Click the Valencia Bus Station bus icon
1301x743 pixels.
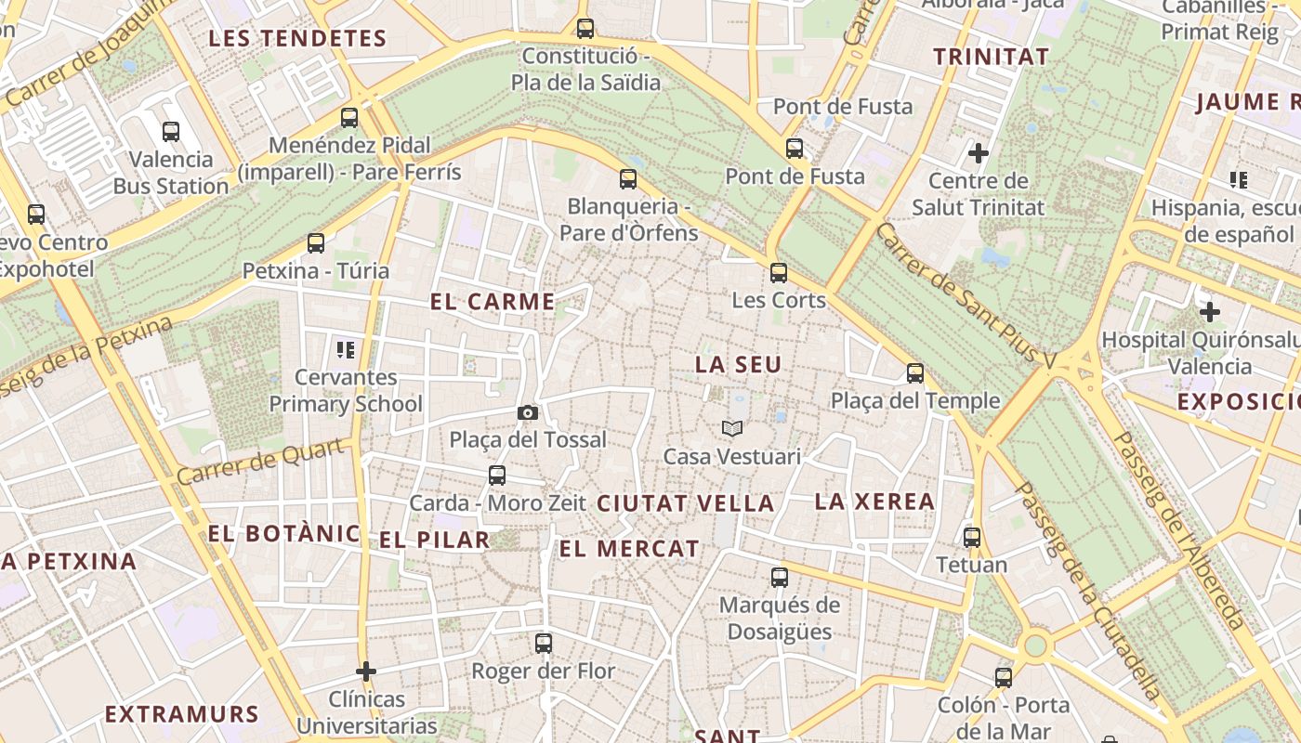pyautogui.click(x=171, y=131)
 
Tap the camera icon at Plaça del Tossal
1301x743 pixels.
pyautogui.click(x=528, y=412)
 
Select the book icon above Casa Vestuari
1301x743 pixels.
pyautogui.click(x=732, y=428)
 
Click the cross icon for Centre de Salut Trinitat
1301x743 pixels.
pyautogui.click(x=979, y=152)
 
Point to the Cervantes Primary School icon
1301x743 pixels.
pyautogui.click(x=346, y=350)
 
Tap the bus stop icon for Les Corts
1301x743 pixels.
pyautogui.click(x=779, y=273)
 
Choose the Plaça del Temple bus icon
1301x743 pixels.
pyautogui.click(x=915, y=373)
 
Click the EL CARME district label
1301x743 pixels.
pyautogui.click(x=493, y=302)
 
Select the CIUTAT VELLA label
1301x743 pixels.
pyautogui.click(x=686, y=504)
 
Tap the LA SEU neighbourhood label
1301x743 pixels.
pyautogui.click(x=739, y=365)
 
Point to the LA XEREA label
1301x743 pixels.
pyautogui.click(x=874, y=502)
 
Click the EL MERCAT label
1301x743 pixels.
pyautogui.click(x=629, y=549)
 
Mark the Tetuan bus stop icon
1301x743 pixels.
pyautogui.click(x=972, y=537)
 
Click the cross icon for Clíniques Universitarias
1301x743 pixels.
pyautogui.click(x=366, y=671)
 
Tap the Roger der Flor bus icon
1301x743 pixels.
pyautogui.click(x=544, y=643)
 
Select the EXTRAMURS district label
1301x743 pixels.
pyautogui.click(x=181, y=714)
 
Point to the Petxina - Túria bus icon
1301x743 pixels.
pyautogui.click(x=316, y=243)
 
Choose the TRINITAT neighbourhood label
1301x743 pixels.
pyautogui.click(x=991, y=57)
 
